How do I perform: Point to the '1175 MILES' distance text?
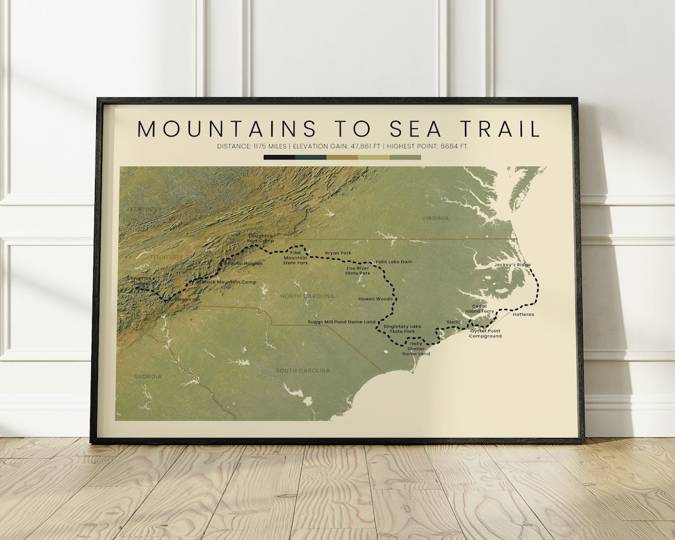point(271,146)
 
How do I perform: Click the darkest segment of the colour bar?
point(279,157)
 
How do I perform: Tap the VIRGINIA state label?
point(435,218)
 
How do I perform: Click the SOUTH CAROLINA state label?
point(302,371)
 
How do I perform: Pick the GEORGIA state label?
point(147,376)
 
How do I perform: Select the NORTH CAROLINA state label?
point(307,296)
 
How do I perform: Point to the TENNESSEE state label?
point(166,257)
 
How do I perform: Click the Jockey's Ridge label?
point(512,265)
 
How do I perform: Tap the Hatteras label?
point(523,314)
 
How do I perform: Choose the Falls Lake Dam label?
point(394,262)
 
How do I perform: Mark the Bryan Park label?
point(337,253)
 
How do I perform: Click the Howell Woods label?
point(375,299)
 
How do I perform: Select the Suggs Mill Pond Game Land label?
point(342,322)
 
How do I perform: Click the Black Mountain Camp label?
point(229,282)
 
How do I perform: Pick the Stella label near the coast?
point(453,322)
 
